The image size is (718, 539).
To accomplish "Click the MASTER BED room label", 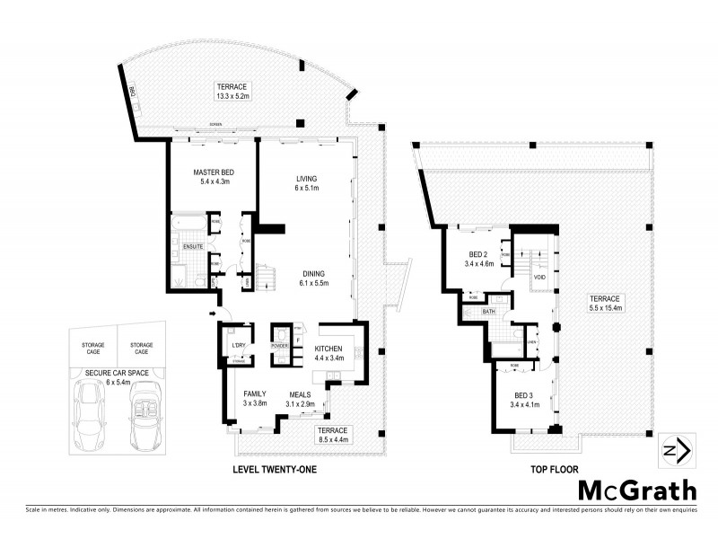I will point(213,172).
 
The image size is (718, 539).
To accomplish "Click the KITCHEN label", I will point(328,348).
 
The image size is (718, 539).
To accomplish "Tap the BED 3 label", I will point(526,396).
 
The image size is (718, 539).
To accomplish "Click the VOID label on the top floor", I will point(538,278).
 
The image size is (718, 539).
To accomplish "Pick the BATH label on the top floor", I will point(489,312).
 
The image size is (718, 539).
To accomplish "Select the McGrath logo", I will point(636,490).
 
